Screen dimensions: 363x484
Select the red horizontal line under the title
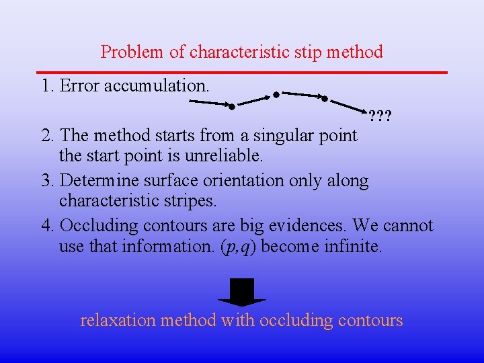point(242,71)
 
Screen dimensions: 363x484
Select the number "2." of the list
point(48,135)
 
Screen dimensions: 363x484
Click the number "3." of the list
point(48,180)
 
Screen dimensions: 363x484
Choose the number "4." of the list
point(48,225)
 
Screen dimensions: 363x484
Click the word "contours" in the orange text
point(370,320)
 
